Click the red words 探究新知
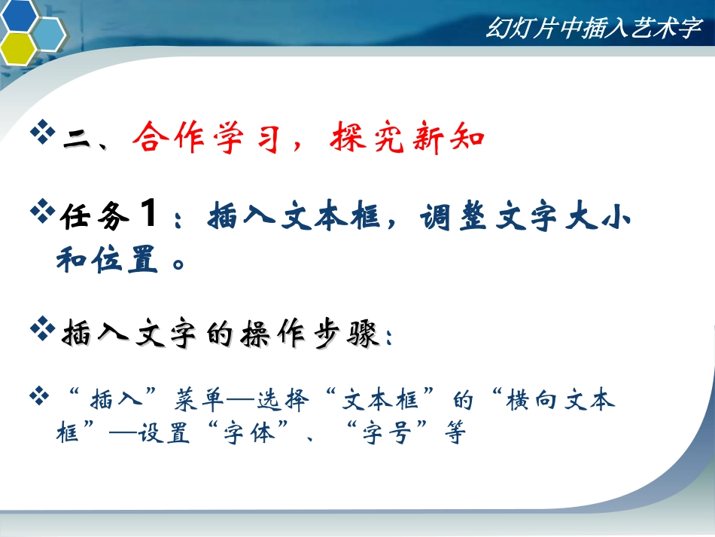point(406,139)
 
